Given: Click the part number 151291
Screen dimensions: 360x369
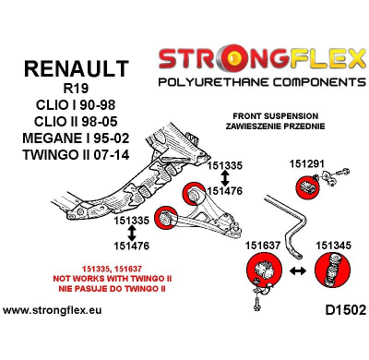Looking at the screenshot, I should click(x=281, y=162).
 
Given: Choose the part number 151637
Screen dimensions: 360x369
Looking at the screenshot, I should click(x=263, y=245).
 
